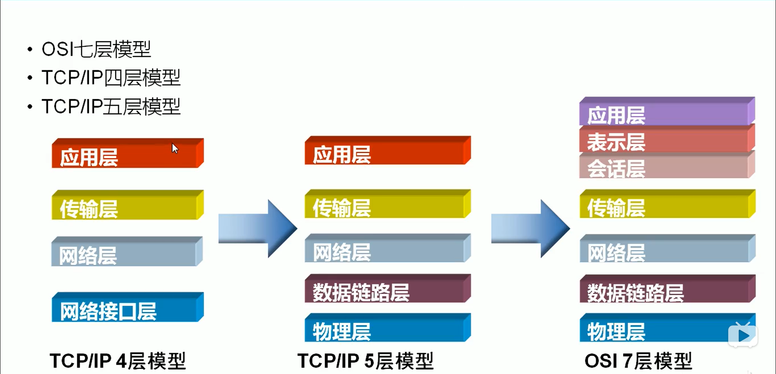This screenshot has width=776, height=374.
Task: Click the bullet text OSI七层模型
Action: [x=96, y=49]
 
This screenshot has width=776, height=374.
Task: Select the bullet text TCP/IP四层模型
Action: [x=111, y=78]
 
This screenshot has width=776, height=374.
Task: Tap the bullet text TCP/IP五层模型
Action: [x=111, y=107]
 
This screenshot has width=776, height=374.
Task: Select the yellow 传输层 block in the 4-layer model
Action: [x=127, y=206]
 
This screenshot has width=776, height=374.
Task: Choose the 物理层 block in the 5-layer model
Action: [x=387, y=329]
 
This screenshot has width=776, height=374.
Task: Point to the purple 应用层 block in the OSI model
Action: [x=667, y=112]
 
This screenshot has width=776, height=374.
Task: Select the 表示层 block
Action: [x=667, y=140]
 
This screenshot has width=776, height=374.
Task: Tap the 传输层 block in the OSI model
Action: [x=667, y=205]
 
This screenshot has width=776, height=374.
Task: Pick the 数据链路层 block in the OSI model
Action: [x=667, y=290]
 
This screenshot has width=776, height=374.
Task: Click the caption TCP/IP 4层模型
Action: [x=118, y=361]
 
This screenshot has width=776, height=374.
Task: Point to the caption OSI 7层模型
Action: [x=638, y=361]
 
